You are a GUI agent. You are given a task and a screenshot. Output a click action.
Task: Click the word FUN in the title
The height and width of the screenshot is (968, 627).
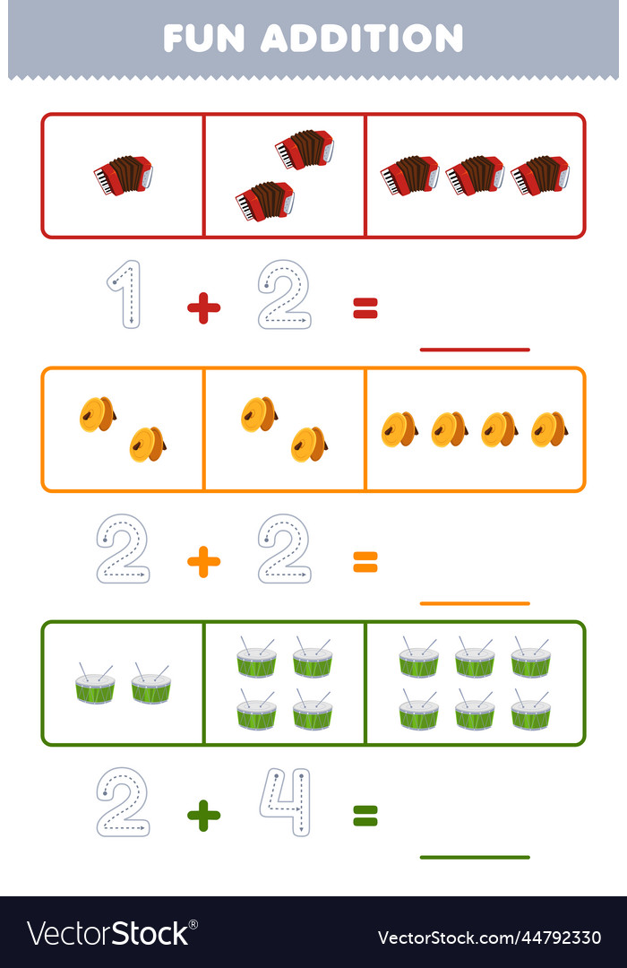203,39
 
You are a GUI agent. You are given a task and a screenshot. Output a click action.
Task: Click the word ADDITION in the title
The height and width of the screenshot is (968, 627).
362,39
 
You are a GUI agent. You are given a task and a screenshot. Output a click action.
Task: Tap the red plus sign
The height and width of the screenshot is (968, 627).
203,308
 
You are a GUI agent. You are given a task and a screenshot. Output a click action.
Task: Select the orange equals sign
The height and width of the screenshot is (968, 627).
365,562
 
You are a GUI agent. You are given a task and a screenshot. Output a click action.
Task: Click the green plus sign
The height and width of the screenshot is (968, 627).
203,816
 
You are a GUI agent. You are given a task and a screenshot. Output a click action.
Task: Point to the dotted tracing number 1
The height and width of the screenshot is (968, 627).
126,294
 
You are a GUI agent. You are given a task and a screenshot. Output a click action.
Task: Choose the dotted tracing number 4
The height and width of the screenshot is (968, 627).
285,802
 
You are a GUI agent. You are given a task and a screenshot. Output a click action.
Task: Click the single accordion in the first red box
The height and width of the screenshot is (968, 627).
123,176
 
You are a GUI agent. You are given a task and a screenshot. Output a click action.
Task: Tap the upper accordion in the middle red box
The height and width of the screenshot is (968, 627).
305,150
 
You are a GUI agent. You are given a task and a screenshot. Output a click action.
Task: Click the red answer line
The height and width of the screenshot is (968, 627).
475,350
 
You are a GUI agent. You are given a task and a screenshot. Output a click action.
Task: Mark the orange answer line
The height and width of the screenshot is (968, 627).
475,603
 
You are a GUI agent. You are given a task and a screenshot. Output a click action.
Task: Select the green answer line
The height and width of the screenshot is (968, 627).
475,857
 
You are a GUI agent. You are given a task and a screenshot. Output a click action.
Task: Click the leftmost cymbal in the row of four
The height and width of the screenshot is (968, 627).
399,429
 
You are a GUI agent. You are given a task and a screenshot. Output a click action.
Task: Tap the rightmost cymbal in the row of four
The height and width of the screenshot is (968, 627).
550,429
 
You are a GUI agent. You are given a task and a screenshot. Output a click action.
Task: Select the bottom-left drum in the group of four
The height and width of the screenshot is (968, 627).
256,710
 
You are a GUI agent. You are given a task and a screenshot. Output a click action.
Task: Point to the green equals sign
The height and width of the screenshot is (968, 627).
365,817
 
